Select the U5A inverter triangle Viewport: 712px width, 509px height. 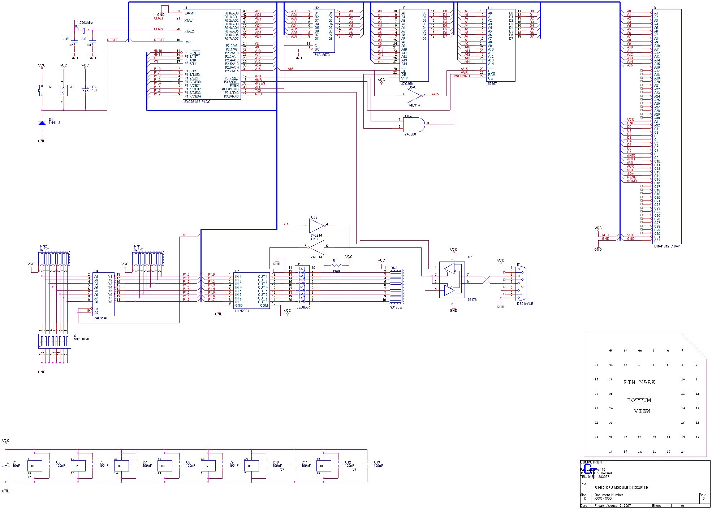coord(413,96)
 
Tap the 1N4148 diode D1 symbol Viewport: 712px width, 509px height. coord(42,123)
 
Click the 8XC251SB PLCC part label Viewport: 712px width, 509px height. coord(197,102)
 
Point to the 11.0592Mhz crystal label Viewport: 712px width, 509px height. coord(84,23)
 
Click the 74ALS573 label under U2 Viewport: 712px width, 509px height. coord(322,55)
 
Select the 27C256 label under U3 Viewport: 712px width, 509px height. coord(407,84)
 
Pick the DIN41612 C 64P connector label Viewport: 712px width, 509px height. coord(667,246)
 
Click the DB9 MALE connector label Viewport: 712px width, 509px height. coord(525,304)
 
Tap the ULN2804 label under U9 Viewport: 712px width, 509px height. coord(242,311)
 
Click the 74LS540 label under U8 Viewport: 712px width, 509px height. coord(100,318)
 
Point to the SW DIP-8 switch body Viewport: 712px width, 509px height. coord(55,341)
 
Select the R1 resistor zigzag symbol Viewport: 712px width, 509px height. coord(336,266)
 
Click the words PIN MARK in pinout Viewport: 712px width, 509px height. coord(639,382)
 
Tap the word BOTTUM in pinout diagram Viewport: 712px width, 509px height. coord(639,400)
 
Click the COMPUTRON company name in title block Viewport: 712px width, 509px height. coord(591,462)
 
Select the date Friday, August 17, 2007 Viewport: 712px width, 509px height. coord(613,506)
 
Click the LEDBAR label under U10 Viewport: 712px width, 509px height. coord(303,307)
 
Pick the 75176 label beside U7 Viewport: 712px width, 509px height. coord(472,300)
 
